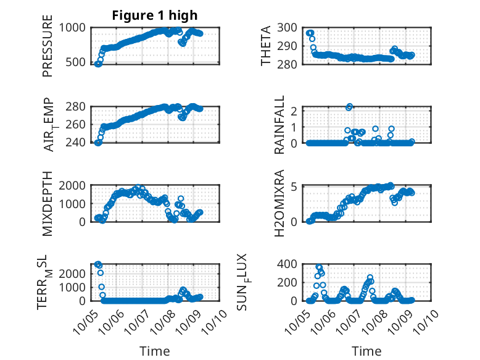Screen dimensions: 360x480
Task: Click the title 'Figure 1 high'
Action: click(154, 15)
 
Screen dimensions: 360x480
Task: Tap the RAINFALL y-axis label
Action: click(279, 125)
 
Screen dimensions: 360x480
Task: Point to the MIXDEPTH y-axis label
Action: click(48, 203)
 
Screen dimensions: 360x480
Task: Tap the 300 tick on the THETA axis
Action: click(289, 27)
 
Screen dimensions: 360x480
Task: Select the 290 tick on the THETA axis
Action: click(289, 46)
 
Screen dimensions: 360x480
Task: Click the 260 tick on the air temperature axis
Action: click(77, 124)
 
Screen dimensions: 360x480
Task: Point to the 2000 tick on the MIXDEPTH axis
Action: click(74, 185)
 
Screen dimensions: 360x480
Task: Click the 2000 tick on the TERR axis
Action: click(74, 272)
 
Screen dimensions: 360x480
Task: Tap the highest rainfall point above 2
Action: click(349, 107)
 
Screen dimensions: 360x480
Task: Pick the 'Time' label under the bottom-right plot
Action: click(366, 351)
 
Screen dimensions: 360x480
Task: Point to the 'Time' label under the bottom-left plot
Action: click(155, 351)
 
